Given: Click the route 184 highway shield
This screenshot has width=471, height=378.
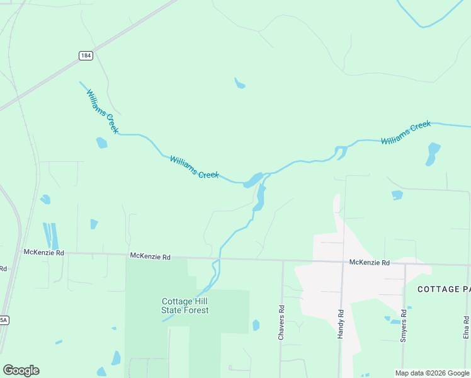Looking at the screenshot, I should point(86,56).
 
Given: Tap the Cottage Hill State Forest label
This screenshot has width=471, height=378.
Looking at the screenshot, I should point(185,306).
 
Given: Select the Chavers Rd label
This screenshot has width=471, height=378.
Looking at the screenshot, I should point(281,324).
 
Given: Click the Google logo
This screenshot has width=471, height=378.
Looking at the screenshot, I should point(21,370).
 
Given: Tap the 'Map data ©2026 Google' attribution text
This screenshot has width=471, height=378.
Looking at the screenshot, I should point(432,373).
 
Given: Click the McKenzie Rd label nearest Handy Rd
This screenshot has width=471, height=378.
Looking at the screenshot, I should point(370,262).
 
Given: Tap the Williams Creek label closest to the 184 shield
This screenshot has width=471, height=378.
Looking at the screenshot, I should point(103,111).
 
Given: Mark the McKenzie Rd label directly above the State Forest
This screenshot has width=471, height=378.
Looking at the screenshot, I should point(150,256).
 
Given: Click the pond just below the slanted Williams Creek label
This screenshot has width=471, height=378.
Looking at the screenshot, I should point(101,143).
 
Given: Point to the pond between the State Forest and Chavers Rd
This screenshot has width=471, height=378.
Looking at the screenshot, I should point(256,325).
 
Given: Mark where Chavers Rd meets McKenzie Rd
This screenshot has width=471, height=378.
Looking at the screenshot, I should point(282,260).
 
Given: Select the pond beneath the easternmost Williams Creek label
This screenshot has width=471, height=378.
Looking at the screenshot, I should point(433,153).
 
